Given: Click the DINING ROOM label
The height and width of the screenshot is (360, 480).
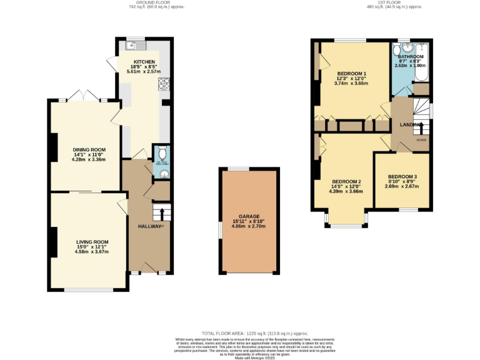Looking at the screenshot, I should coord(89,150).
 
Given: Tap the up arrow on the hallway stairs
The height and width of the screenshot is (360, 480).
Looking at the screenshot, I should coord(162,215).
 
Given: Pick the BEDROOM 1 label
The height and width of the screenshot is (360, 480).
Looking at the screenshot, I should coord(351,72).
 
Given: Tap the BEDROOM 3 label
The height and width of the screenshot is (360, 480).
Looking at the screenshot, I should coord(401,176).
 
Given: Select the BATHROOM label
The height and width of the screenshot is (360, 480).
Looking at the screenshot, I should coord(411,56).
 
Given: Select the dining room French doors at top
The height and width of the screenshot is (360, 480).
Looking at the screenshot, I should coord(84,99).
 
